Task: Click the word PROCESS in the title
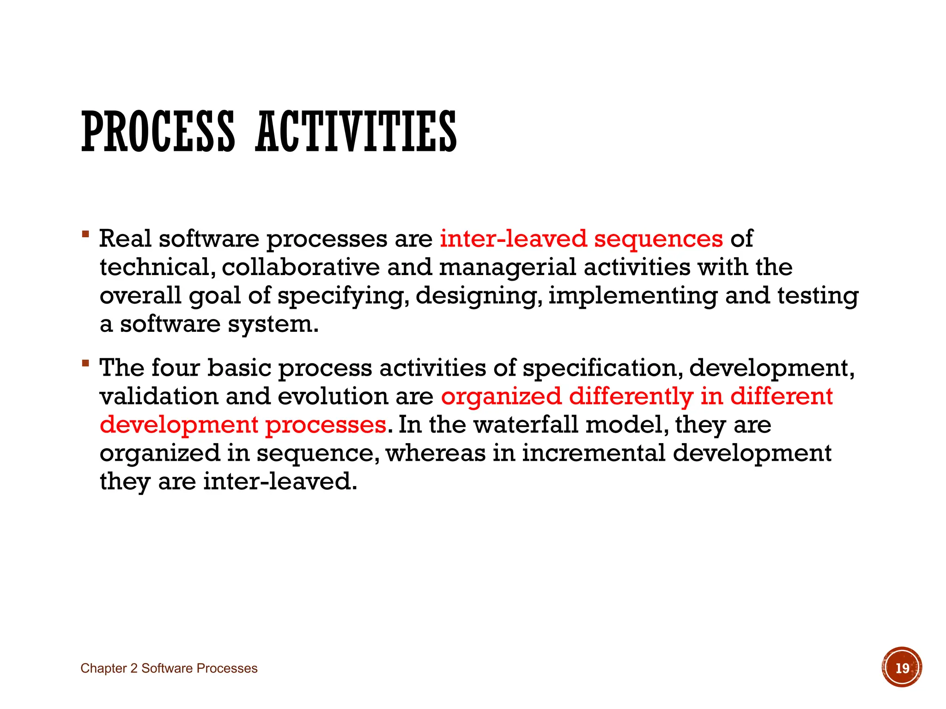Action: coord(158,132)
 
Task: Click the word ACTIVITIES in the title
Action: coord(356,132)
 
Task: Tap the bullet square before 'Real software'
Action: coord(85,234)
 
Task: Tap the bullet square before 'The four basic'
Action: coord(85,364)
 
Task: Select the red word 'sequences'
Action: coord(658,239)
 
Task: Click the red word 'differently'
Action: coord(631,397)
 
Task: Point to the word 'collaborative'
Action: coord(300,267)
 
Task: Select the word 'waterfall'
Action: coord(526,425)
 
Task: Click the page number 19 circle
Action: coord(901,667)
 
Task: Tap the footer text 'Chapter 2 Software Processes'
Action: coord(169,668)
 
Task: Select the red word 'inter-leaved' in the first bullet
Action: coord(513,239)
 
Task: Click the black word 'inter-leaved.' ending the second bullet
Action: coord(280,481)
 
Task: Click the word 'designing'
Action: coord(479,296)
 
